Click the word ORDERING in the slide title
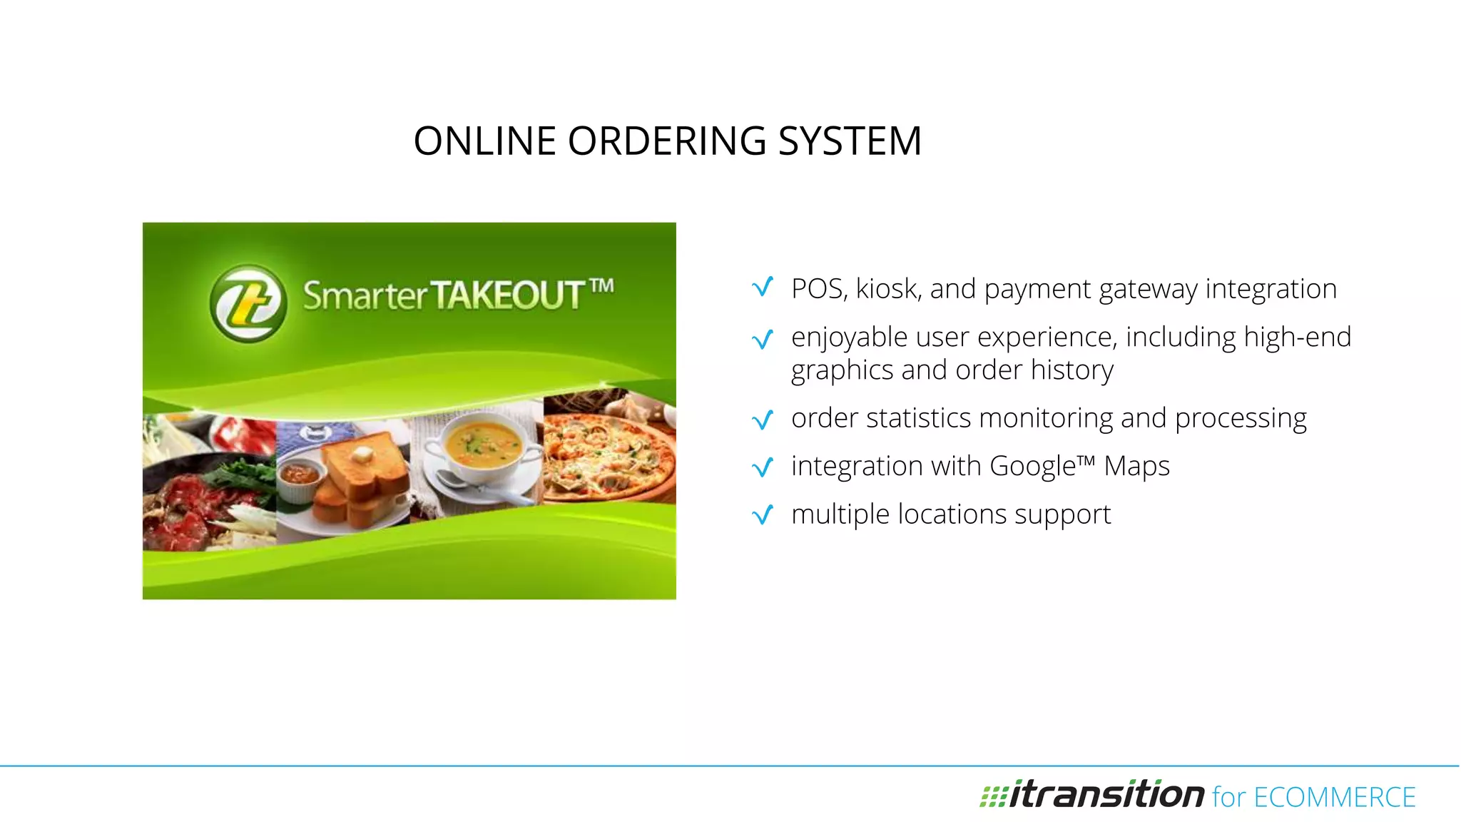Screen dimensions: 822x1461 coord(666,141)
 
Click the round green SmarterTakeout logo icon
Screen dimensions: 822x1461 coord(248,303)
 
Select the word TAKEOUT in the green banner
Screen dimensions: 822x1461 coord(507,295)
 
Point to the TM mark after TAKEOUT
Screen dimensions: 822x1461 coord(602,286)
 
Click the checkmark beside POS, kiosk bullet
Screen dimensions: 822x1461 coord(763,288)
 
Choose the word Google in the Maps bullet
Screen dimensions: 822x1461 coord(1032,466)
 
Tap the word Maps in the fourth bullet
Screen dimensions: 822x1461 coord(1137,466)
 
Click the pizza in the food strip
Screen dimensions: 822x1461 coord(610,453)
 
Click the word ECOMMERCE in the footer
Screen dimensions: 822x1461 coord(1334,797)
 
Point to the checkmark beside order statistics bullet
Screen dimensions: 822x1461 coord(763,420)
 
